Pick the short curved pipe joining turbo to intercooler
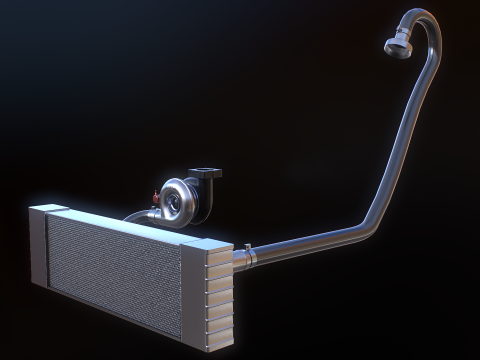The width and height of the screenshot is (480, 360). pyautogui.click(x=138, y=214)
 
